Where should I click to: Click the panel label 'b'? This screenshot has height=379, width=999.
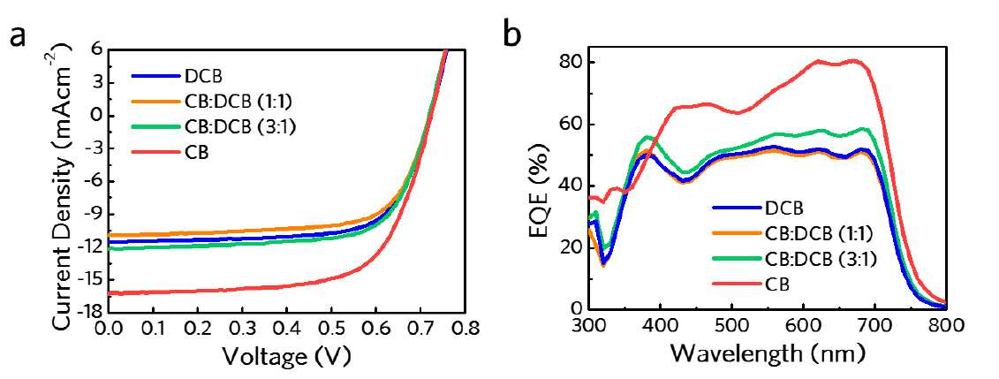click(x=513, y=32)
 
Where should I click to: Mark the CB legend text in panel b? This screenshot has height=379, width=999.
click(x=778, y=284)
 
